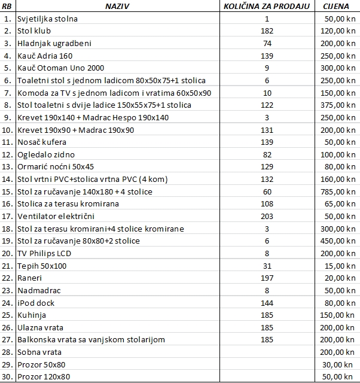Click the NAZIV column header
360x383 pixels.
tap(118, 6)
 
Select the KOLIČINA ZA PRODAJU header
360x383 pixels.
tap(267, 6)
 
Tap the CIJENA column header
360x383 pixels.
tap(337, 6)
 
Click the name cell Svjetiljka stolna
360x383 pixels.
tap(48, 19)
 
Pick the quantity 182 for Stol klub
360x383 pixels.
tap(267, 31)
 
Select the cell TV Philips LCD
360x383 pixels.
tap(45, 253)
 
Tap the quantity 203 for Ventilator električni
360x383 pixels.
tap(267, 216)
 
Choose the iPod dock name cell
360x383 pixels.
tap(36, 303)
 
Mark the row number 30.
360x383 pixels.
tap(7, 377)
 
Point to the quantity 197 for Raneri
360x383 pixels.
tap(267, 278)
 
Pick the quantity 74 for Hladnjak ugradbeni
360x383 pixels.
tap(267, 43)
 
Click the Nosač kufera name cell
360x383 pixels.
tap(42, 142)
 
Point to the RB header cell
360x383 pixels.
tap(7, 6)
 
